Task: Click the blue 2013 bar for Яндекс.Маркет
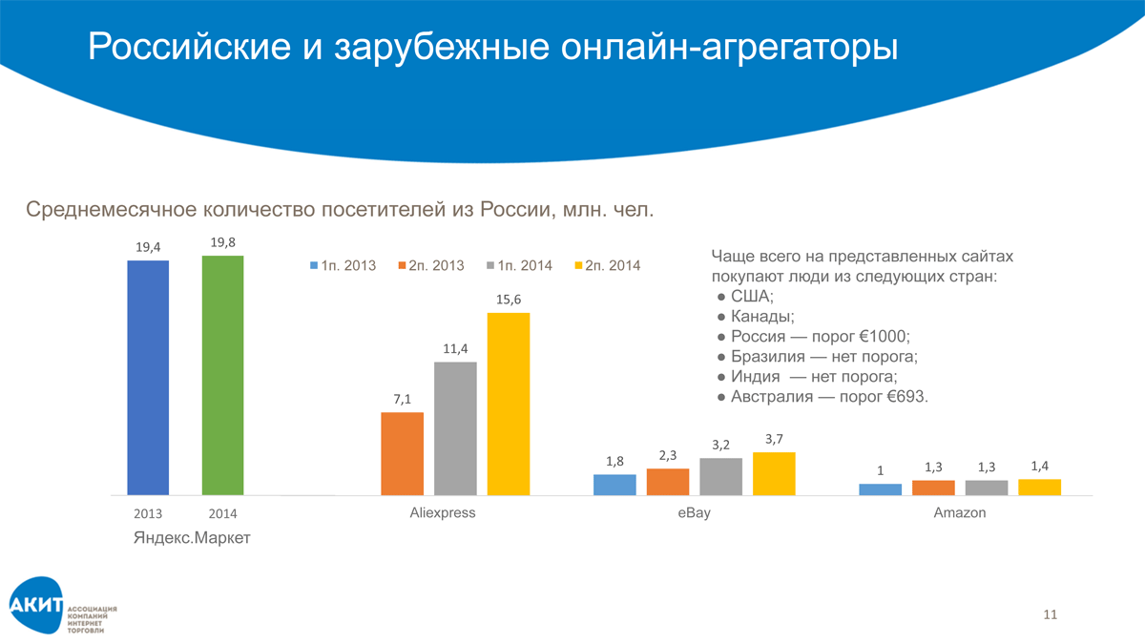click(x=148, y=377)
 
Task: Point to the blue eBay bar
click(x=614, y=485)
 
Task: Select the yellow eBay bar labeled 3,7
click(x=774, y=473)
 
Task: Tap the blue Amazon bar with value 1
click(x=880, y=489)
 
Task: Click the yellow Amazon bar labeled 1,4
click(x=1039, y=487)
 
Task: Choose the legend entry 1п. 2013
click(x=343, y=265)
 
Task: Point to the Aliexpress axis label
click(x=442, y=513)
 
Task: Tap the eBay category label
click(x=694, y=513)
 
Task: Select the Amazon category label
click(x=960, y=513)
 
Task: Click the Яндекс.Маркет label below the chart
click(x=191, y=539)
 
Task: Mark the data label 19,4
click(x=148, y=247)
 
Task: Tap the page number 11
click(x=1051, y=614)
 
